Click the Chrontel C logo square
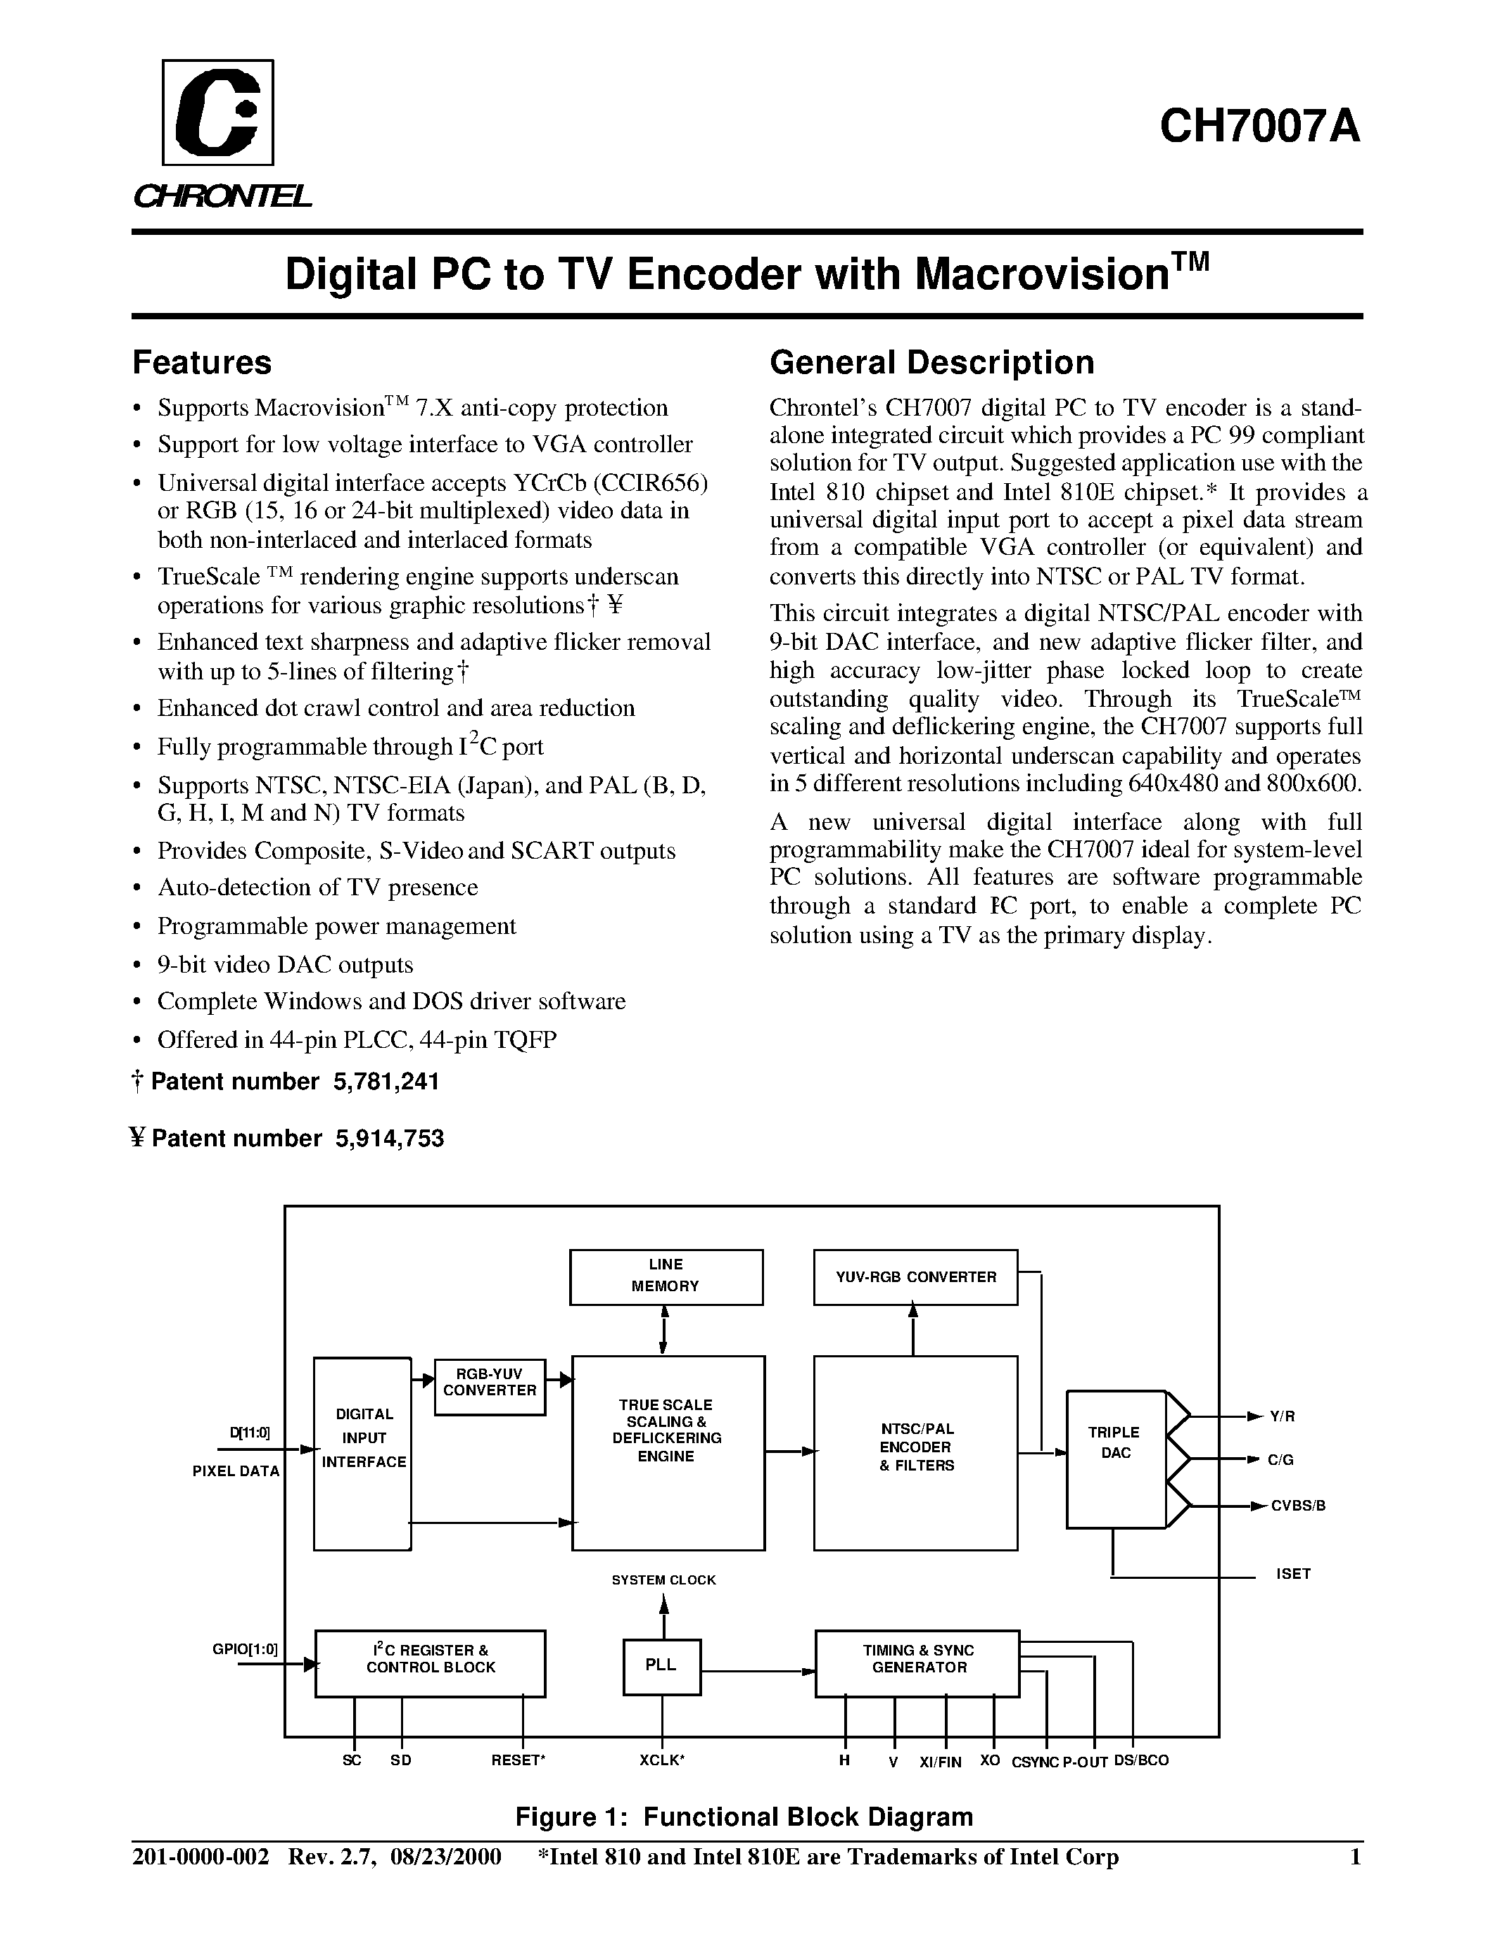(x=218, y=113)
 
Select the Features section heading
(x=202, y=363)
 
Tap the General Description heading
(x=931, y=363)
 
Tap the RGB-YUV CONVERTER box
(x=490, y=1387)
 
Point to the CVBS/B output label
(x=1297, y=1506)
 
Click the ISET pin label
(x=1293, y=1574)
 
